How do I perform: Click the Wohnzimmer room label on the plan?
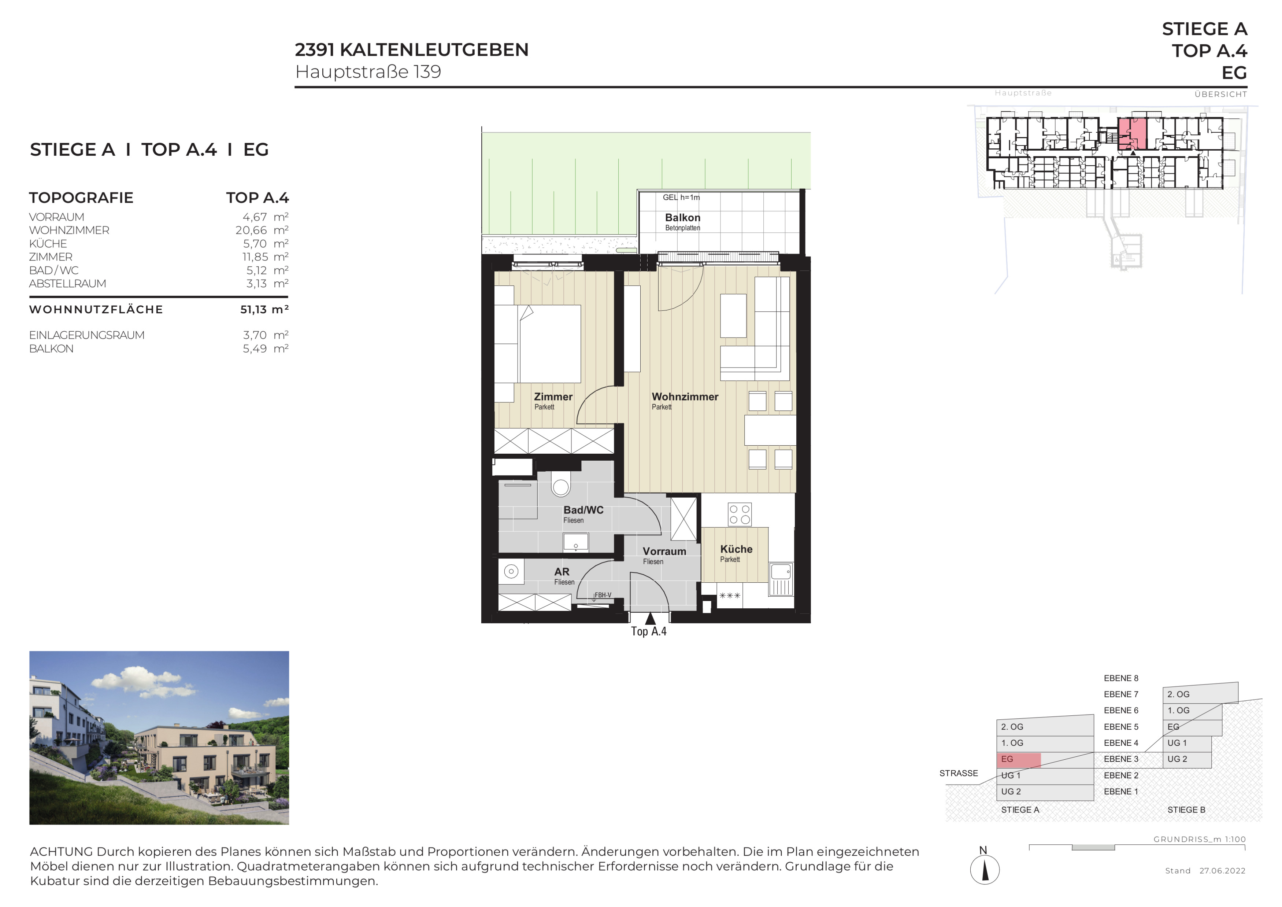click(685, 397)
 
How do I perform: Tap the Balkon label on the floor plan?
click(682, 218)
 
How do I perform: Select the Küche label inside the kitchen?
click(736, 549)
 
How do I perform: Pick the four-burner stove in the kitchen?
click(740, 515)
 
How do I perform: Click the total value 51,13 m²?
click(264, 309)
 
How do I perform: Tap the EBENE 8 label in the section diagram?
click(1120, 678)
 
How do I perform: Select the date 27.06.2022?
click(1222, 871)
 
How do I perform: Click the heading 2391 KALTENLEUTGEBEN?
click(411, 50)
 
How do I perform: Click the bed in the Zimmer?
click(550, 343)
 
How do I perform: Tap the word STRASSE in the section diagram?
click(958, 774)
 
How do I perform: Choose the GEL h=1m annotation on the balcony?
click(681, 197)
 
